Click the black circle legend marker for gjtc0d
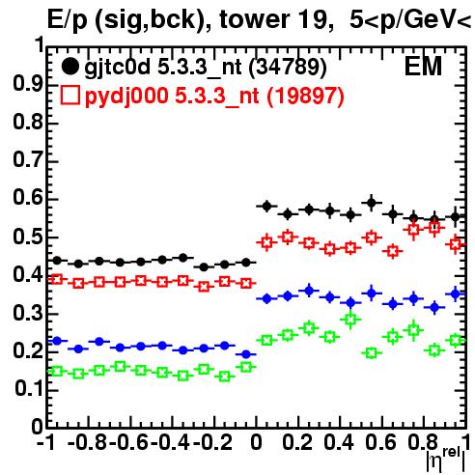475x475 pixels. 70,67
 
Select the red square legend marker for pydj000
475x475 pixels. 70,96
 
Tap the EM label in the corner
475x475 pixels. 423,67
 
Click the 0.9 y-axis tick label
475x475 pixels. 28,84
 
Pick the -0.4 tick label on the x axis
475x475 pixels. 171,443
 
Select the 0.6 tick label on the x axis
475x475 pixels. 380,443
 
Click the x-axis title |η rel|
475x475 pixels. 446,461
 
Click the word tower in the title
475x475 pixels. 255,19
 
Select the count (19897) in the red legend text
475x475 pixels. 306,96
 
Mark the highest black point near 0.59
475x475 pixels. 372,203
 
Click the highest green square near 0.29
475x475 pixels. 350,320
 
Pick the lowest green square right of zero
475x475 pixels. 372,353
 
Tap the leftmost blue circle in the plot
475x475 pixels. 57,341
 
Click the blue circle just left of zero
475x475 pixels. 246,354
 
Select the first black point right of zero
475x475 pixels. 266,206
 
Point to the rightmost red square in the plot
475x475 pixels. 455,244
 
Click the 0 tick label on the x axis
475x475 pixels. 256,443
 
